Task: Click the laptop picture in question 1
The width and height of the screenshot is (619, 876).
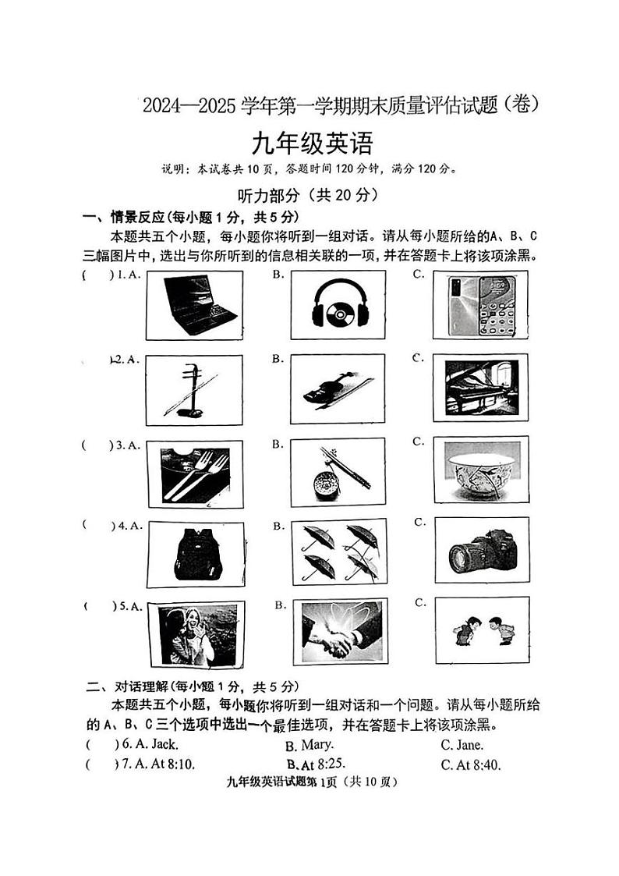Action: click(x=195, y=305)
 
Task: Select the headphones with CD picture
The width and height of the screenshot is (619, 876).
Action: click(x=339, y=305)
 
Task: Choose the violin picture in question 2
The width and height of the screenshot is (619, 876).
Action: click(x=337, y=389)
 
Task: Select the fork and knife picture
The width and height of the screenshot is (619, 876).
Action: click(x=194, y=474)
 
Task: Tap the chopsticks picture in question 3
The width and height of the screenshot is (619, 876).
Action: click(x=337, y=474)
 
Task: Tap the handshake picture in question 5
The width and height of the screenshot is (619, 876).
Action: click(x=339, y=631)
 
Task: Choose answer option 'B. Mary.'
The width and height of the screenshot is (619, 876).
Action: click(x=309, y=745)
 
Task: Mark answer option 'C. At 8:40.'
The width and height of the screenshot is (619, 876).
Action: click(x=470, y=764)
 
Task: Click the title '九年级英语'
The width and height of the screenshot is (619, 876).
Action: click(x=311, y=144)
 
